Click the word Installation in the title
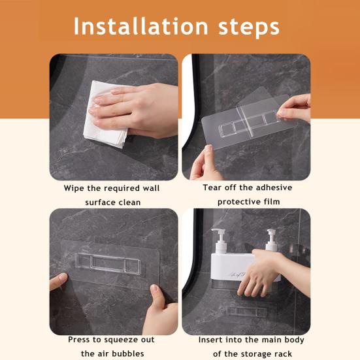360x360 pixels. pos(140,26)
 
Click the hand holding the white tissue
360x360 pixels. pos(135,110)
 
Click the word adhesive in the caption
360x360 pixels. pos(274,188)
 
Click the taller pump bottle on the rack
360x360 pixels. pos(221,241)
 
